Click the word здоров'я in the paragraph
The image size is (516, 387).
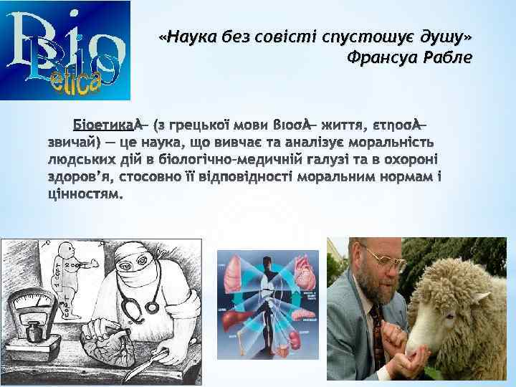click(71, 176)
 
